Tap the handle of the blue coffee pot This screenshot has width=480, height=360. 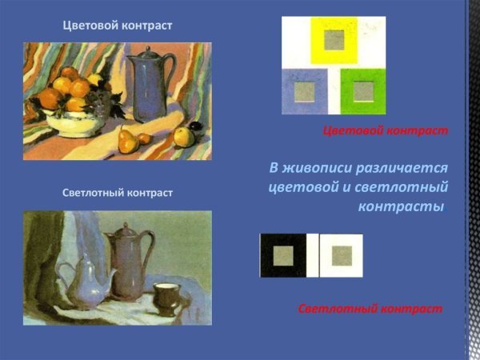click(170, 77)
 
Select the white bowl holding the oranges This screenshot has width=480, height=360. click(69, 121)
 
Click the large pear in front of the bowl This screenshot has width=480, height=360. click(126, 142)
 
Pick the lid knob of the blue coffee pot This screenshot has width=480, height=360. click(145, 51)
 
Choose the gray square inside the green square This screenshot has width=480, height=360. click(363, 91)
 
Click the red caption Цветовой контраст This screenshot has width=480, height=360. click(385, 130)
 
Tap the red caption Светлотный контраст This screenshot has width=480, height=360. click(370, 308)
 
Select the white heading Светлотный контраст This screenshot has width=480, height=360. click(117, 193)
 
